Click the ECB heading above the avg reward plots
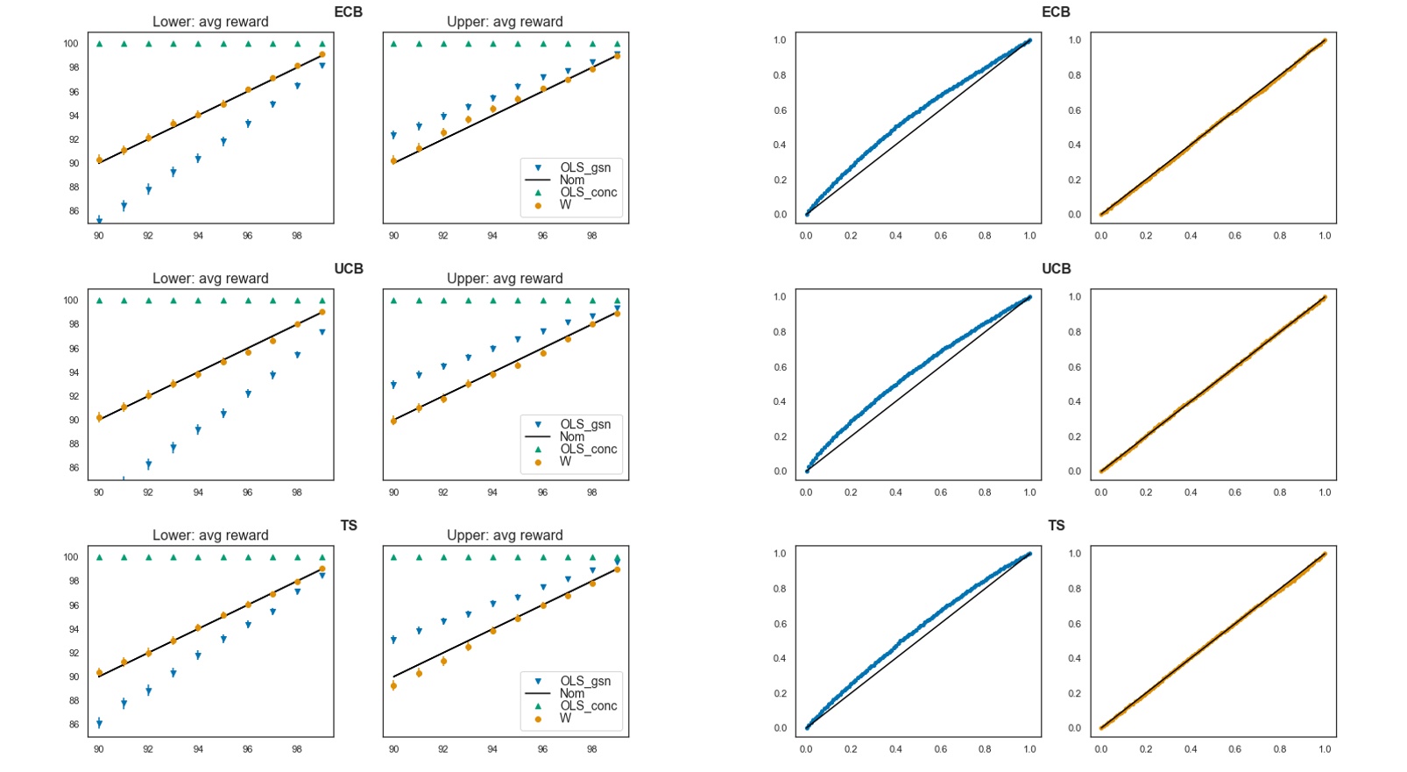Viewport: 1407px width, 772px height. [348, 12]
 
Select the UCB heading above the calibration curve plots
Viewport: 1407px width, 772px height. [1056, 269]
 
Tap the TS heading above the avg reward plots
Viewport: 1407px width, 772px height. [349, 526]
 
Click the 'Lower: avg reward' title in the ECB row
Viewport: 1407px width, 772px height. [210, 22]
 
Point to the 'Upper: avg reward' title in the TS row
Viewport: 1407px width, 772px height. [505, 535]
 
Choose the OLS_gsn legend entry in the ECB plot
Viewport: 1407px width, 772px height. [585, 167]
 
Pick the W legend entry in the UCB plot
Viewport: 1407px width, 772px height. [565, 461]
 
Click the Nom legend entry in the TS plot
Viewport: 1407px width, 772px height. [572, 693]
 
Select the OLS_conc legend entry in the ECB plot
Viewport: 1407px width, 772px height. [589, 192]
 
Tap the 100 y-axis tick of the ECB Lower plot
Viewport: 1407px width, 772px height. [70, 44]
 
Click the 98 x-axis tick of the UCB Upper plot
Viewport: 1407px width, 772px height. [592, 492]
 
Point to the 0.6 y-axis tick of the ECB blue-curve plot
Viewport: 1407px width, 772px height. [780, 110]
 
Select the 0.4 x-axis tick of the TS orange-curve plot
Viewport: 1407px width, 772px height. [1191, 749]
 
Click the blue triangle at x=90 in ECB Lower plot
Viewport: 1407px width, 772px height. [99, 221]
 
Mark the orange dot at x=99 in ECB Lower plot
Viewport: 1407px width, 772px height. [322, 54]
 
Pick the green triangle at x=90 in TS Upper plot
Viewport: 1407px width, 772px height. [393, 557]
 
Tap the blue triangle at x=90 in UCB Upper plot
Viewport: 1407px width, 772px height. [393, 385]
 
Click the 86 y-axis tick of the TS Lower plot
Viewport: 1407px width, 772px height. [74, 725]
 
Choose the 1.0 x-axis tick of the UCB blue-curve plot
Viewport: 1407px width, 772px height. [1029, 492]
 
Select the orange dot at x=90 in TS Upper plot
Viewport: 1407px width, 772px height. [393, 685]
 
